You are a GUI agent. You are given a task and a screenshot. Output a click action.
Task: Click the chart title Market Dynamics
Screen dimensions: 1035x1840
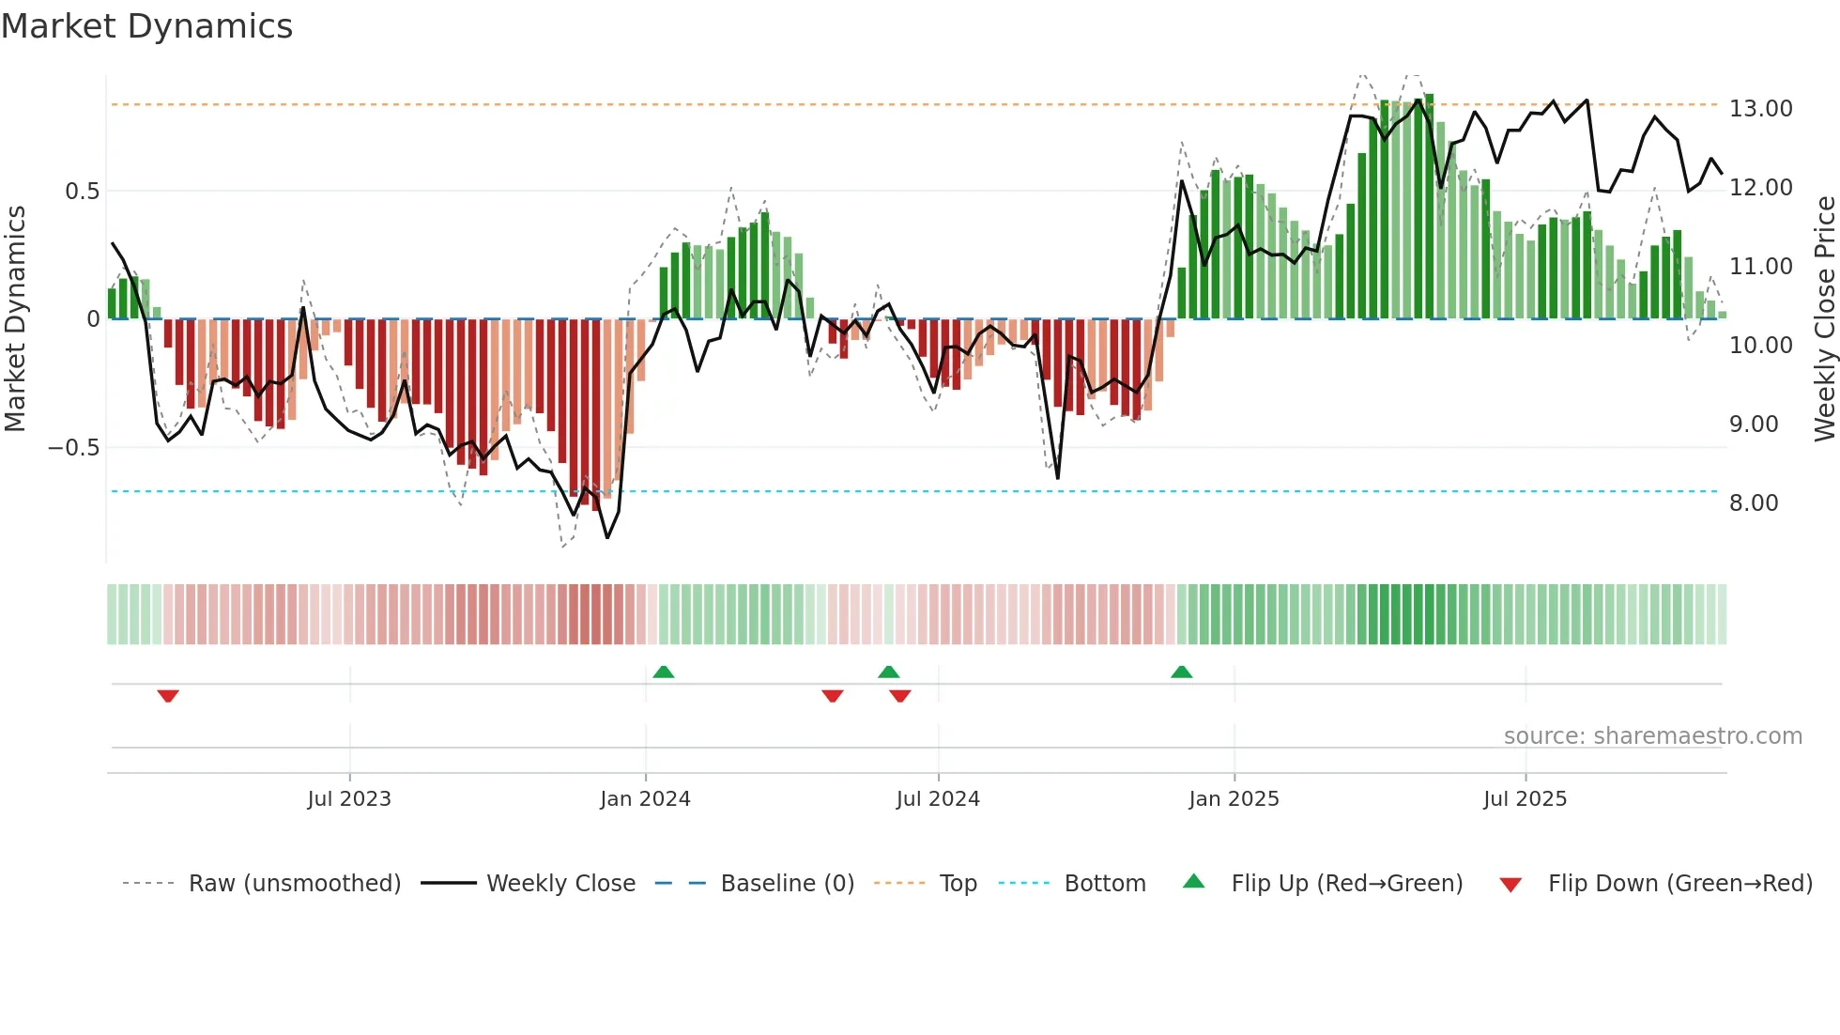click(146, 26)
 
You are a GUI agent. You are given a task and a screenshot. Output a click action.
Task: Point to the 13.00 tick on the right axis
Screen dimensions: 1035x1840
click(1760, 109)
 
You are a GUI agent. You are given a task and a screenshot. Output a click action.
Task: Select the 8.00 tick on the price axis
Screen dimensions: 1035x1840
click(1754, 503)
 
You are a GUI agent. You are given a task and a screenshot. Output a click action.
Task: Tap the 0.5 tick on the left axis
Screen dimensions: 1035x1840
click(82, 192)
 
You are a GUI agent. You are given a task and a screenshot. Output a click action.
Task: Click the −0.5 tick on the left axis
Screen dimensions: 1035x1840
click(74, 448)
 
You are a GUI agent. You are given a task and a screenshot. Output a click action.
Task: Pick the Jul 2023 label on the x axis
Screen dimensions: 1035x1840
click(349, 799)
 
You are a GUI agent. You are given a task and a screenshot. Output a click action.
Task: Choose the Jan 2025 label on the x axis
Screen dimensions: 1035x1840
click(1234, 799)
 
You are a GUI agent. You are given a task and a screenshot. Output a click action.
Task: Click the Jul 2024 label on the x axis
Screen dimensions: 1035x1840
click(938, 799)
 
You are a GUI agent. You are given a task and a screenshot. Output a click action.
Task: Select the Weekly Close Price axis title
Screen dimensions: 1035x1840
click(1824, 319)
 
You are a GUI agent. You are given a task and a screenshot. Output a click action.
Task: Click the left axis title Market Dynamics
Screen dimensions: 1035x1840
click(15, 319)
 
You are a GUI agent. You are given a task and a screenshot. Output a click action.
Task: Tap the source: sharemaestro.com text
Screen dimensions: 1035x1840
click(1652, 736)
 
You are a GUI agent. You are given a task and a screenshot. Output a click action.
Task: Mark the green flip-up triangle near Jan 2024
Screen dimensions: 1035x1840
click(664, 672)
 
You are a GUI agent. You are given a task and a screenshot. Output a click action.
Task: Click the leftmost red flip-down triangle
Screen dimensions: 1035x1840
click(168, 696)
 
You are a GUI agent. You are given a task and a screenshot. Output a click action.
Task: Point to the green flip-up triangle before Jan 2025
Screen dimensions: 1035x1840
click(1182, 672)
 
